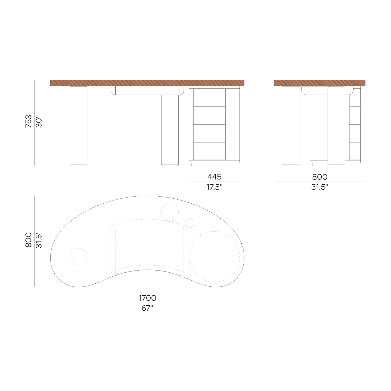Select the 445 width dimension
tap(214, 176)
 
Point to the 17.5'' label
tap(214, 187)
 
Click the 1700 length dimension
tap(147, 298)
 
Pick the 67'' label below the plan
tap(147, 308)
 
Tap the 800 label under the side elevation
tap(320, 177)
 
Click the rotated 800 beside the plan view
tap(28, 240)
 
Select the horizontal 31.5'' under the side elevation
tap(320, 187)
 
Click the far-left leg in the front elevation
tap(79, 125)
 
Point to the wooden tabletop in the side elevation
tap(320, 83)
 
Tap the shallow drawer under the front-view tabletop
tap(147, 90)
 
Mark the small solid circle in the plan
tap(190, 223)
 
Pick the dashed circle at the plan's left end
tap(79, 256)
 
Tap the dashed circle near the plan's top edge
tap(170, 212)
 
